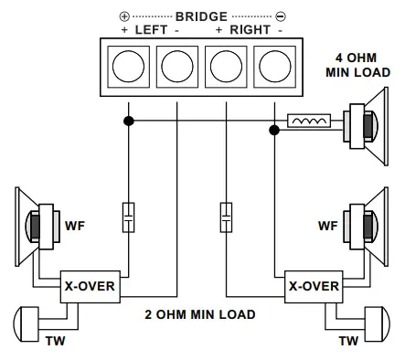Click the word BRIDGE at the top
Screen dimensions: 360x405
(x=201, y=16)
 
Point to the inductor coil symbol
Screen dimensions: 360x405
(x=309, y=120)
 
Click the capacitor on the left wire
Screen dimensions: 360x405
(x=129, y=217)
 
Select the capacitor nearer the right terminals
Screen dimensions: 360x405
(x=225, y=217)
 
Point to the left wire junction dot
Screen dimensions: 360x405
(x=129, y=120)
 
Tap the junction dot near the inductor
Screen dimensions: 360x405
(x=272, y=131)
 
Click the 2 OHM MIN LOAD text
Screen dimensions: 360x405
(x=200, y=315)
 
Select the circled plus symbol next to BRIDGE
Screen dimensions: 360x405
(x=124, y=16)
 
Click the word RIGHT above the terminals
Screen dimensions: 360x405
(x=249, y=30)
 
